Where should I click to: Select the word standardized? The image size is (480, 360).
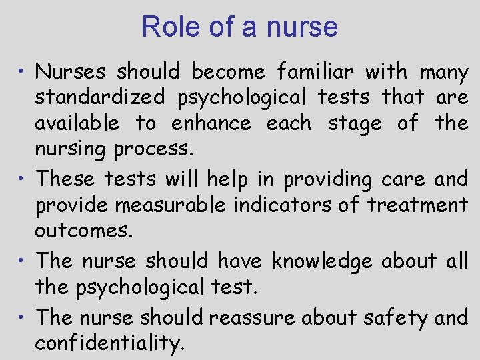point(99,97)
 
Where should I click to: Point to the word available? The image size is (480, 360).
point(77,123)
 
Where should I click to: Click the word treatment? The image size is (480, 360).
point(417,205)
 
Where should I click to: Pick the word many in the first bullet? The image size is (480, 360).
point(443,72)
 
